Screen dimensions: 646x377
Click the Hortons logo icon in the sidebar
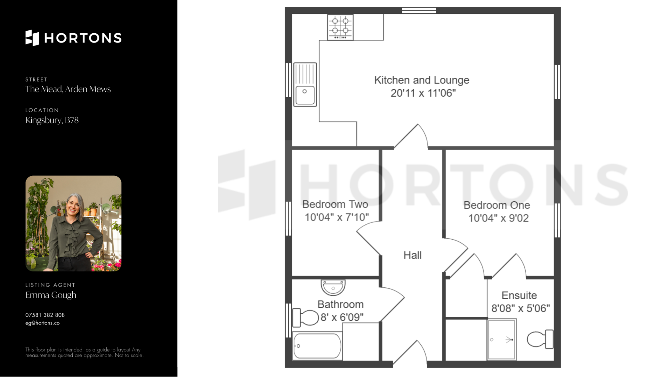tap(32, 38)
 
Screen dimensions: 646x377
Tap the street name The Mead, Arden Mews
tap(68, 89)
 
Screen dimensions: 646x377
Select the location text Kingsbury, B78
tap(52, 120)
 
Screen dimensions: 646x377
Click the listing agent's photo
tap(73, 224)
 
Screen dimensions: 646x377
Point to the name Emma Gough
tap(51, 295)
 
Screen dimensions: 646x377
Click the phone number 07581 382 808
tap(45, 315)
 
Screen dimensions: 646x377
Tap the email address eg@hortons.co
tap(42, 323)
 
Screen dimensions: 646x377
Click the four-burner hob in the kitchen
tap(340, 27)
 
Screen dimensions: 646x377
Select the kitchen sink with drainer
tap(305, 84)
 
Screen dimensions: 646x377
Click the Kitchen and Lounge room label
tap(422, 80)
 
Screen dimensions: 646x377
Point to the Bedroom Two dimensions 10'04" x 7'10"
tap(336, 217)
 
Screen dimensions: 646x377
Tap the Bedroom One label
tap(497, 205)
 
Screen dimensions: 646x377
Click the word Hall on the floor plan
tap(412, 255)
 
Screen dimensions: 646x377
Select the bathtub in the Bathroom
tap(317, 346)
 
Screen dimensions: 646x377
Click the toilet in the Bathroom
tap(305, 317)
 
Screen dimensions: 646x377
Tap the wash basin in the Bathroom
tap(333, 287)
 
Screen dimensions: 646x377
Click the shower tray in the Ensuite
tap(502, 339)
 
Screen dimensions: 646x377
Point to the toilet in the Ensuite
tap(540, 339)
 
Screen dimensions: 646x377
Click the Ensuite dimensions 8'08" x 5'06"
tap(521, 308)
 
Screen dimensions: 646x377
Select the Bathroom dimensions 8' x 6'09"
tap(342, 317)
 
